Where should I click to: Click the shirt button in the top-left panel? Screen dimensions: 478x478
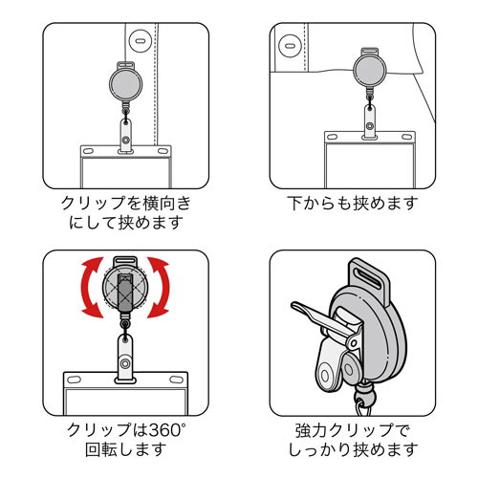click(140, 41)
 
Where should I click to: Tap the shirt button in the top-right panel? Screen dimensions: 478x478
click(290, 46)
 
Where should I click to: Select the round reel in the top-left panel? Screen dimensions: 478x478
click(125, 83)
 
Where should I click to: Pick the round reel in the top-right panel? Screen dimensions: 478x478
click(370, 70)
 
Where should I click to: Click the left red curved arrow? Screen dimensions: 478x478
click(89, 287)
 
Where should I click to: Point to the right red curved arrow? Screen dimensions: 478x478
click(161, 287)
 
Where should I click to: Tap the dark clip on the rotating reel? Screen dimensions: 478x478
click(125, 293)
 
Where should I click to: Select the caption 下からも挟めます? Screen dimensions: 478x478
click(353, 203)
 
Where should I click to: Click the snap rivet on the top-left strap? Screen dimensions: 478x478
click(126, 140)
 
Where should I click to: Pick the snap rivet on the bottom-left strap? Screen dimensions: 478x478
click(125, 363)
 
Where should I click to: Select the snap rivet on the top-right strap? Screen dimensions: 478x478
click(370, 126)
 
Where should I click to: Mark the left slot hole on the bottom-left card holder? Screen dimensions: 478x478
click(74, 380)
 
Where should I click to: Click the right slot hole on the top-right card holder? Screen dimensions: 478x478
click(406, 137)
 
